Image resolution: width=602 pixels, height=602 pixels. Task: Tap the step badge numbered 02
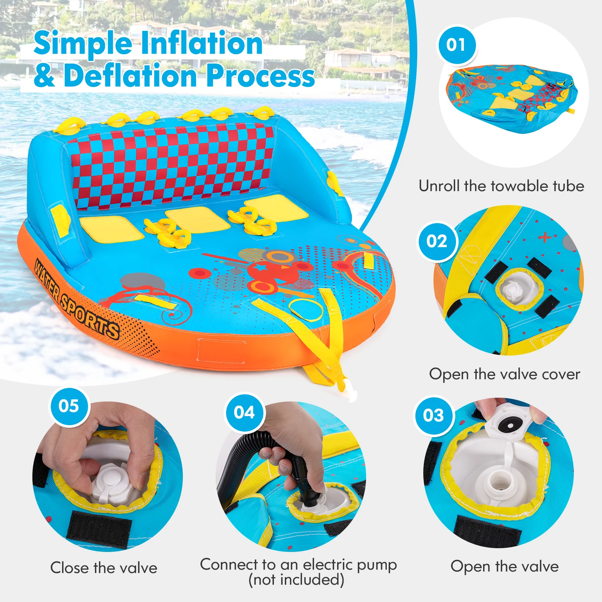437,241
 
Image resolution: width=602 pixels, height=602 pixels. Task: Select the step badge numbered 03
433,416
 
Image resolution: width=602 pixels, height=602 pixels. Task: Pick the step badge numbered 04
245,413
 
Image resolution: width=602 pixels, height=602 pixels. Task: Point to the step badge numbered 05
69,406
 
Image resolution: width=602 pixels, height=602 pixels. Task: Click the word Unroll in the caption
439,186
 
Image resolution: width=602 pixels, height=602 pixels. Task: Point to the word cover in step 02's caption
561,374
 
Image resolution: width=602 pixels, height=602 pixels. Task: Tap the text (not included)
296,580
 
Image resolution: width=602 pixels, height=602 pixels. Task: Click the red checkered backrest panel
173,166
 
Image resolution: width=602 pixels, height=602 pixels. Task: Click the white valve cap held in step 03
506,426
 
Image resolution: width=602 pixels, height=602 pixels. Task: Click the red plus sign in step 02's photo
544,237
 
